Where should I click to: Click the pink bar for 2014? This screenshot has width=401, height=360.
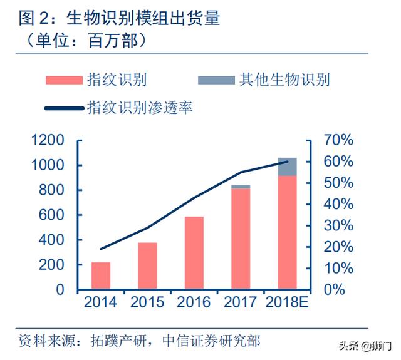100,275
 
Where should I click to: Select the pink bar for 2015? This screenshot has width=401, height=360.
147,265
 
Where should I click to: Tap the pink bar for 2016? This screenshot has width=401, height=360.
194,253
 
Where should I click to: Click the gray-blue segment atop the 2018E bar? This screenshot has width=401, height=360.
287,167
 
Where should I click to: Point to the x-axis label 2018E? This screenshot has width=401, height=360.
287,302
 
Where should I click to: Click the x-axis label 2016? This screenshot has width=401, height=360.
194,302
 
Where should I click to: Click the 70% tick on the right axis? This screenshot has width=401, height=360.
338,140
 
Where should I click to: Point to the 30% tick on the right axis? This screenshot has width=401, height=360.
338,225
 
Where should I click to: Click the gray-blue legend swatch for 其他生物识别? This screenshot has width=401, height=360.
216,80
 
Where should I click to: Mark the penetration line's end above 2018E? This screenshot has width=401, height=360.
287,162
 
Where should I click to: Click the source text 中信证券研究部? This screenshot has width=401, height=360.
211,341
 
